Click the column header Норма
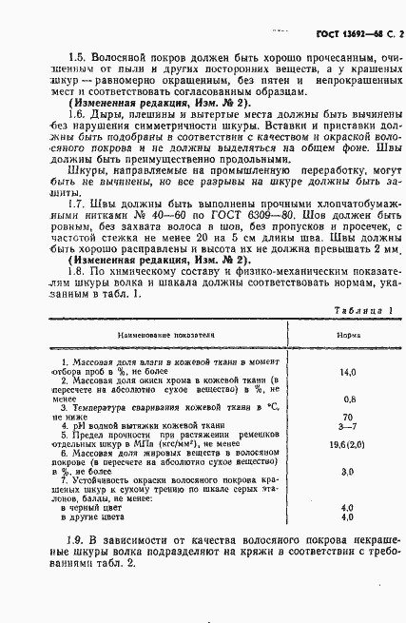(x=348, y=335)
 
